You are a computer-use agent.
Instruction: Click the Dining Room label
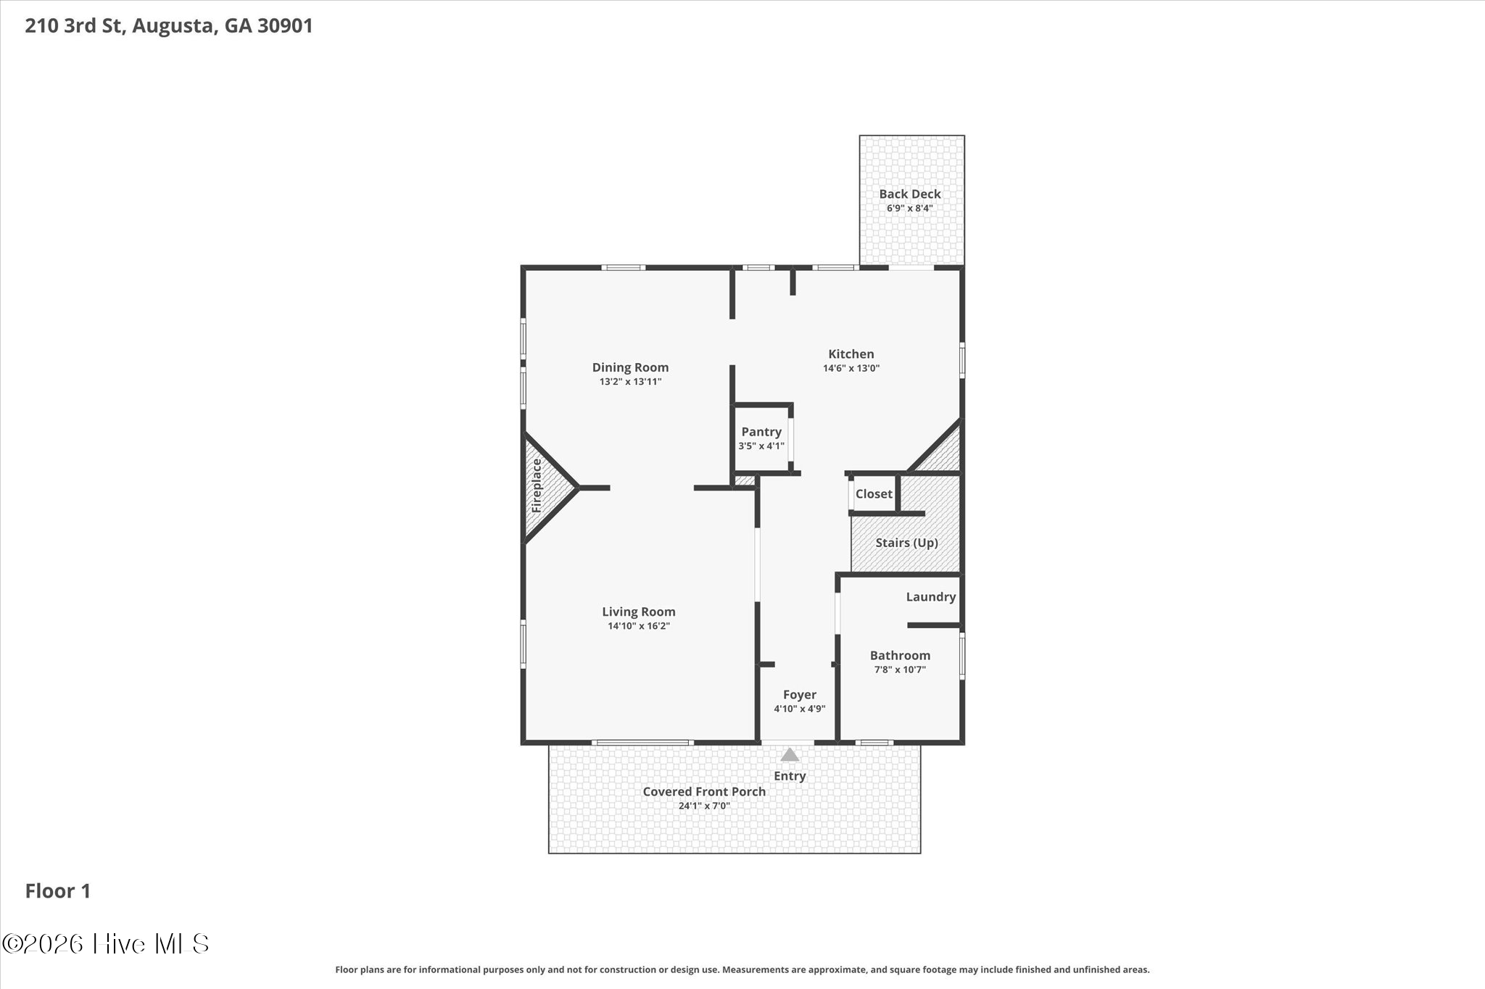click(630, 367)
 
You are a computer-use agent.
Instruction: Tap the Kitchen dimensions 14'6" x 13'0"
click(851, 368)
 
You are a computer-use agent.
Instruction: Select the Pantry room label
click(761, 432)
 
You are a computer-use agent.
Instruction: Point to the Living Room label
click(639, 612)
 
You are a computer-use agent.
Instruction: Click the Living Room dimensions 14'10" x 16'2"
click(639, 626)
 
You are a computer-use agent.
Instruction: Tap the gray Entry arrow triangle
click(790, 754)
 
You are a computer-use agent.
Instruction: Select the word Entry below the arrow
click(790, 776)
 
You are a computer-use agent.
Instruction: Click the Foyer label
click(800, 695)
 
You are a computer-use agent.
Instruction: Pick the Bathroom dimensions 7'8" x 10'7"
click(900, 669)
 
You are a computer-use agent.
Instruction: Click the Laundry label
click(931, 597)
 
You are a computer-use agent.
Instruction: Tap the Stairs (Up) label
click(906, 543)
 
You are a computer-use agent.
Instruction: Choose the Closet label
click(874, 494)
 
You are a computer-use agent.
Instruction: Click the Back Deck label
click(910, 193)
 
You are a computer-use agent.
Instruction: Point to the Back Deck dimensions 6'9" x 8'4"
click(910, 208)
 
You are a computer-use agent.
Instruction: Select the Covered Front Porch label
click(704, 792)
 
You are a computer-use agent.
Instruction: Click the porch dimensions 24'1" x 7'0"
click(704, 806)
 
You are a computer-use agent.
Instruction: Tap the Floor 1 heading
click(58, 891)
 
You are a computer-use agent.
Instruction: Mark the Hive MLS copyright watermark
click(106, 943)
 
